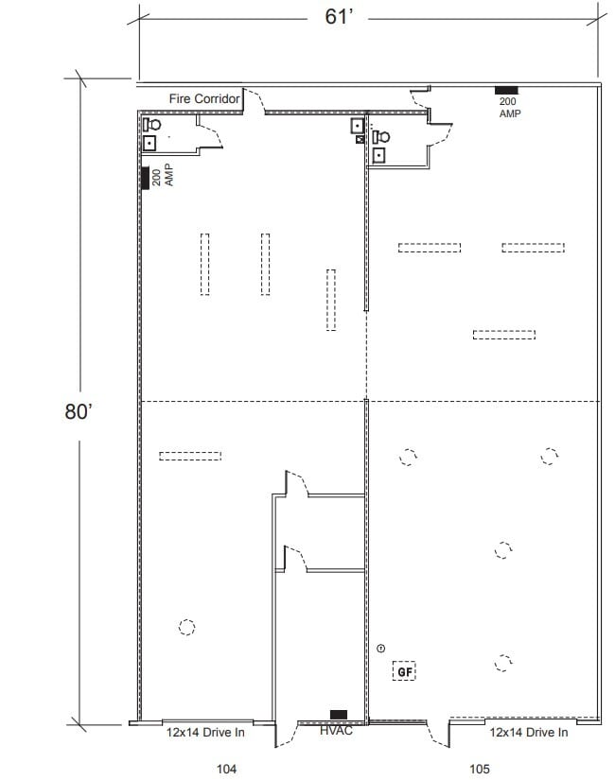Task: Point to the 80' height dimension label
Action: (78, 412)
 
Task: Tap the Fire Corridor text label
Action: (205, 98)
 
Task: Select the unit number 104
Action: (225, 769)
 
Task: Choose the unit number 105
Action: (480, 769)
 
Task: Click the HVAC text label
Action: (336, 731)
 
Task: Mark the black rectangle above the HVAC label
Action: (338, 714)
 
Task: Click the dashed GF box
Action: (405, 671)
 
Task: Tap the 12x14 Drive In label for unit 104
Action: (206, 732)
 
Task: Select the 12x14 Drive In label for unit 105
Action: (529, 732)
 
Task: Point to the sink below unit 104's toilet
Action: (150, 143)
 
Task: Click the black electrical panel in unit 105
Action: (506, 91)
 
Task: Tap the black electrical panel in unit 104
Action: (146, 178)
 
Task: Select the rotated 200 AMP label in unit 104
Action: (163, 175)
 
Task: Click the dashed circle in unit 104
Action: (186, 627)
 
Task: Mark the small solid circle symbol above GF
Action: (381, 648)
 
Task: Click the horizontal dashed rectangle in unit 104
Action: (190, 456)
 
